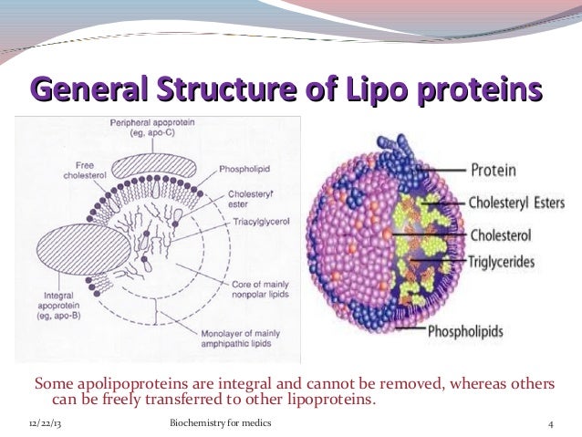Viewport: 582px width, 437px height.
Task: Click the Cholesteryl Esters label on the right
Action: pos(516,203)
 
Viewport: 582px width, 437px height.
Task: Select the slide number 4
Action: pos(550,425)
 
